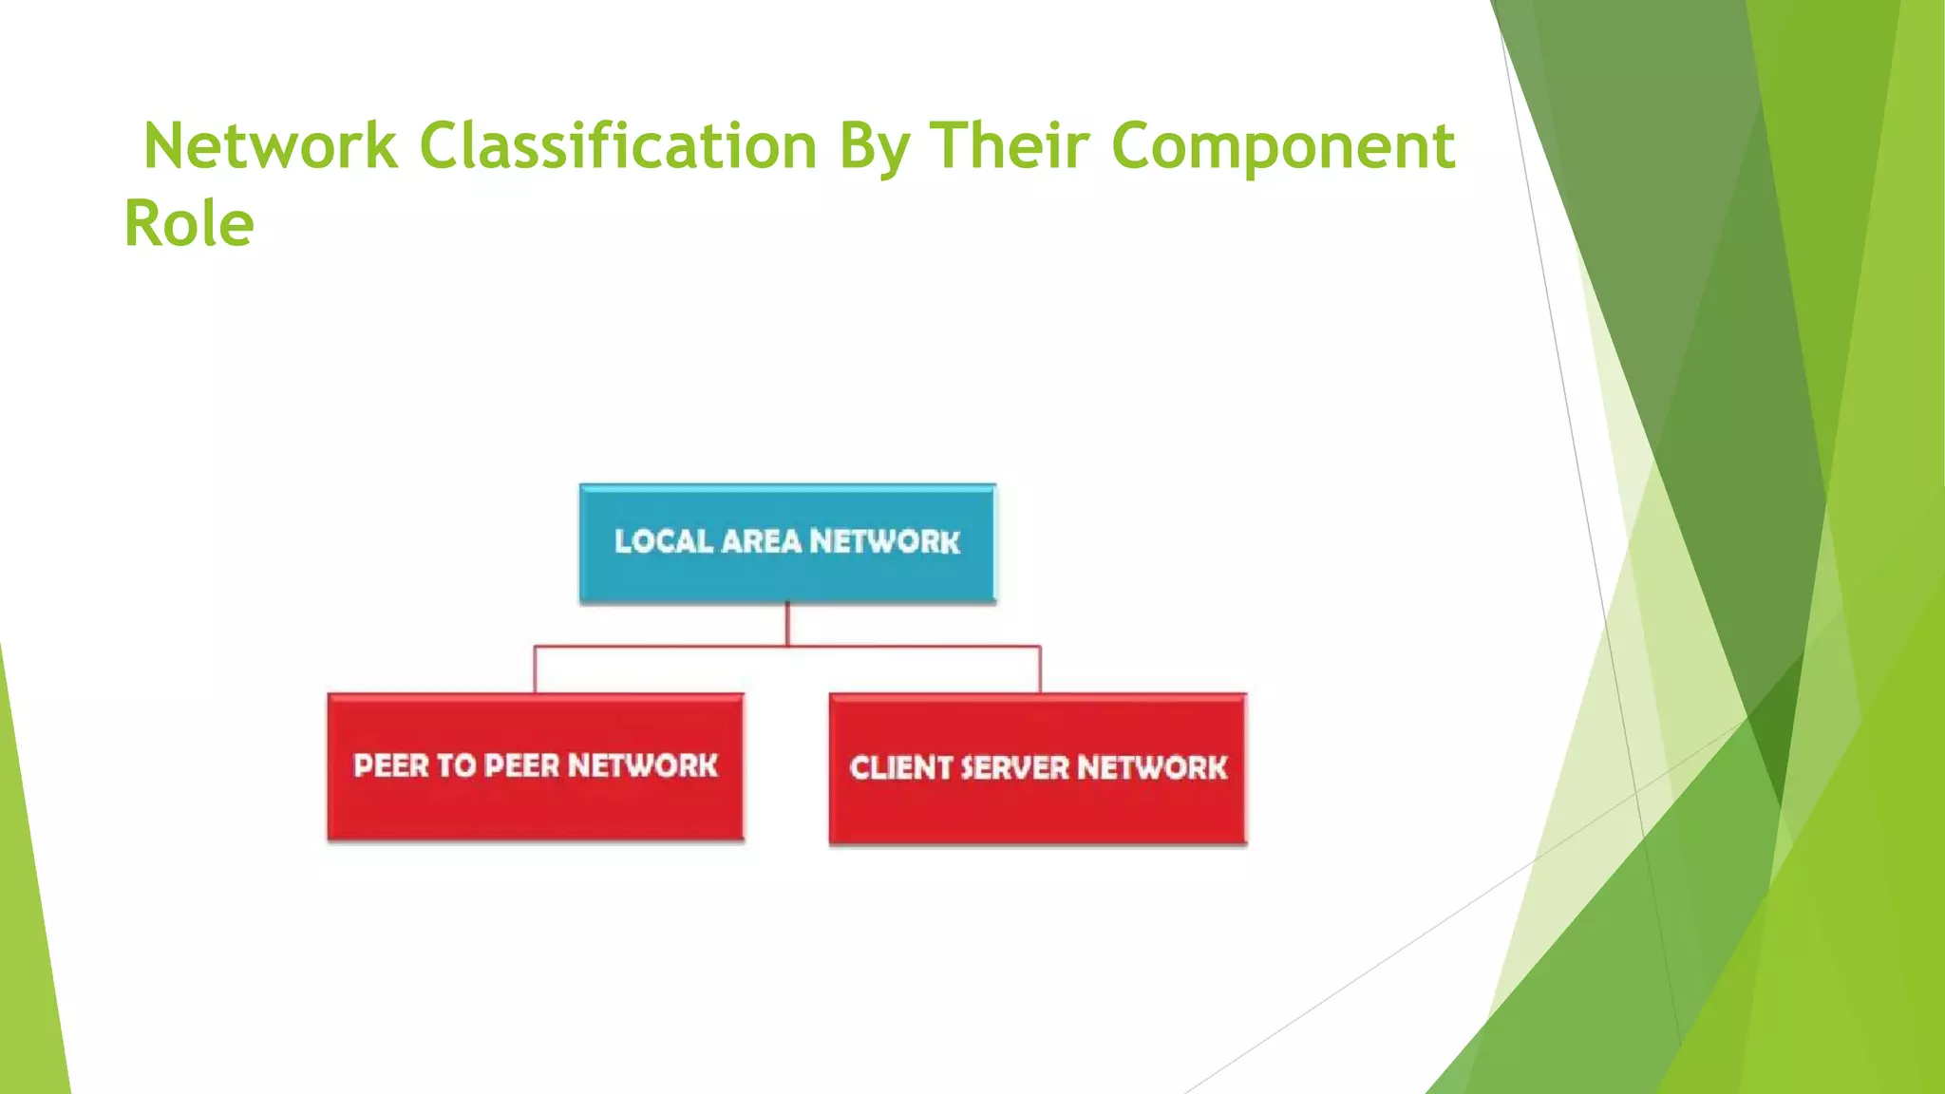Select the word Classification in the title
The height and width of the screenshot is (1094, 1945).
click(617, 147)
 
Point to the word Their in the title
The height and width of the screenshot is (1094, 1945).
click(1009, 147)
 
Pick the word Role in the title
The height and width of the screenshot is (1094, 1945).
click(189, 225)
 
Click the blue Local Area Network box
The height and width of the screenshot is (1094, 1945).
click(787, 543)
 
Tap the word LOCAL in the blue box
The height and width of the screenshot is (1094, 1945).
click(663, 541)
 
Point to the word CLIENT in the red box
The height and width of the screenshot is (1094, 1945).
click(900, 767)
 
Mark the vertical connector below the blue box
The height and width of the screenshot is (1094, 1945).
click(787, 624)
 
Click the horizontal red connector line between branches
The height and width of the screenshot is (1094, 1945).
click(665, 647)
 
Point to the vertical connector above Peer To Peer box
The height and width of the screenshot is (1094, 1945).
click(535, 670)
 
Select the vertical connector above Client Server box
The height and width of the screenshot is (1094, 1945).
click(1040, 670)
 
